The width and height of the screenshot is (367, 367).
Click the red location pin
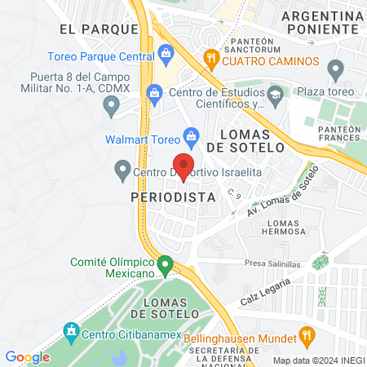point(183,166)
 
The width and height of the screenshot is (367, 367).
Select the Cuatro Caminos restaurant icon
point(210,60)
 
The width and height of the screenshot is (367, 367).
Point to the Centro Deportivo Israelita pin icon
point(122,170)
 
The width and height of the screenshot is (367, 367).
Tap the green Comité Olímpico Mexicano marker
point(166,265)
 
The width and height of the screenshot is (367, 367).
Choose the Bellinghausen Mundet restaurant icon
point(307,334)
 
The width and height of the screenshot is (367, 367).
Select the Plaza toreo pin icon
point(334,68)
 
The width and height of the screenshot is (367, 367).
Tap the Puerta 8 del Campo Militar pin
point(112,104)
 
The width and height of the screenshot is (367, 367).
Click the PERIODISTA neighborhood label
point(173,197)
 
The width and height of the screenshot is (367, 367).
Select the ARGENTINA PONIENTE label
point(321,23)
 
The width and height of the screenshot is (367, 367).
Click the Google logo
point(27,357)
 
